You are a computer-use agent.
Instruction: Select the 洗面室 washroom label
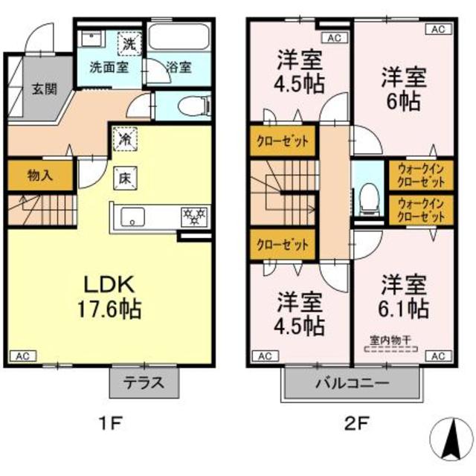(109, 66)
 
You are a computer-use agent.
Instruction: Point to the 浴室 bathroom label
(178, 66)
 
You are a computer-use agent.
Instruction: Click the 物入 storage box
(40, 176)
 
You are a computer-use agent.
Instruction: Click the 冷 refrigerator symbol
(124, 138)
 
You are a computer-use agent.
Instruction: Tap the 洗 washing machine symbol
(130, 43)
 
